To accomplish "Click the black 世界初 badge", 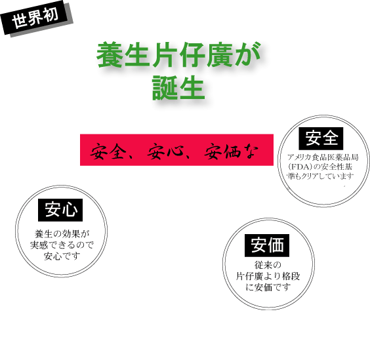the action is point(34,17).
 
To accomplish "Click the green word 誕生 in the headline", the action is point(178,87).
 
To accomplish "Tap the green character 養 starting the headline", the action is point(110,54).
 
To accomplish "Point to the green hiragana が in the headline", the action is point(247,54).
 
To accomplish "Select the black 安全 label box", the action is point(321,138).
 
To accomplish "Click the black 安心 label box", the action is point(60,210).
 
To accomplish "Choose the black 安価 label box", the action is point(267,245).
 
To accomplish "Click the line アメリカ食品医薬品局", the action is point(323,157).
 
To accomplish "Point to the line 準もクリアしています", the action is point(320,176).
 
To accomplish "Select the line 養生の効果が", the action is point(62,234).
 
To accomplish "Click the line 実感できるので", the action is point(62,245).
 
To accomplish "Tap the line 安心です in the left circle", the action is point(62,256).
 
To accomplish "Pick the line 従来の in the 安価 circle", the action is point(268,265).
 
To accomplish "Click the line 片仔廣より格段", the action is point(268,276).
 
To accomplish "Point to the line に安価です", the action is point(268,287).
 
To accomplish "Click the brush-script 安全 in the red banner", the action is point(108,151).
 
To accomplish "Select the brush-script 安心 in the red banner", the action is point(165,151).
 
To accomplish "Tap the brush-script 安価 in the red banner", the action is point(222,151).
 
